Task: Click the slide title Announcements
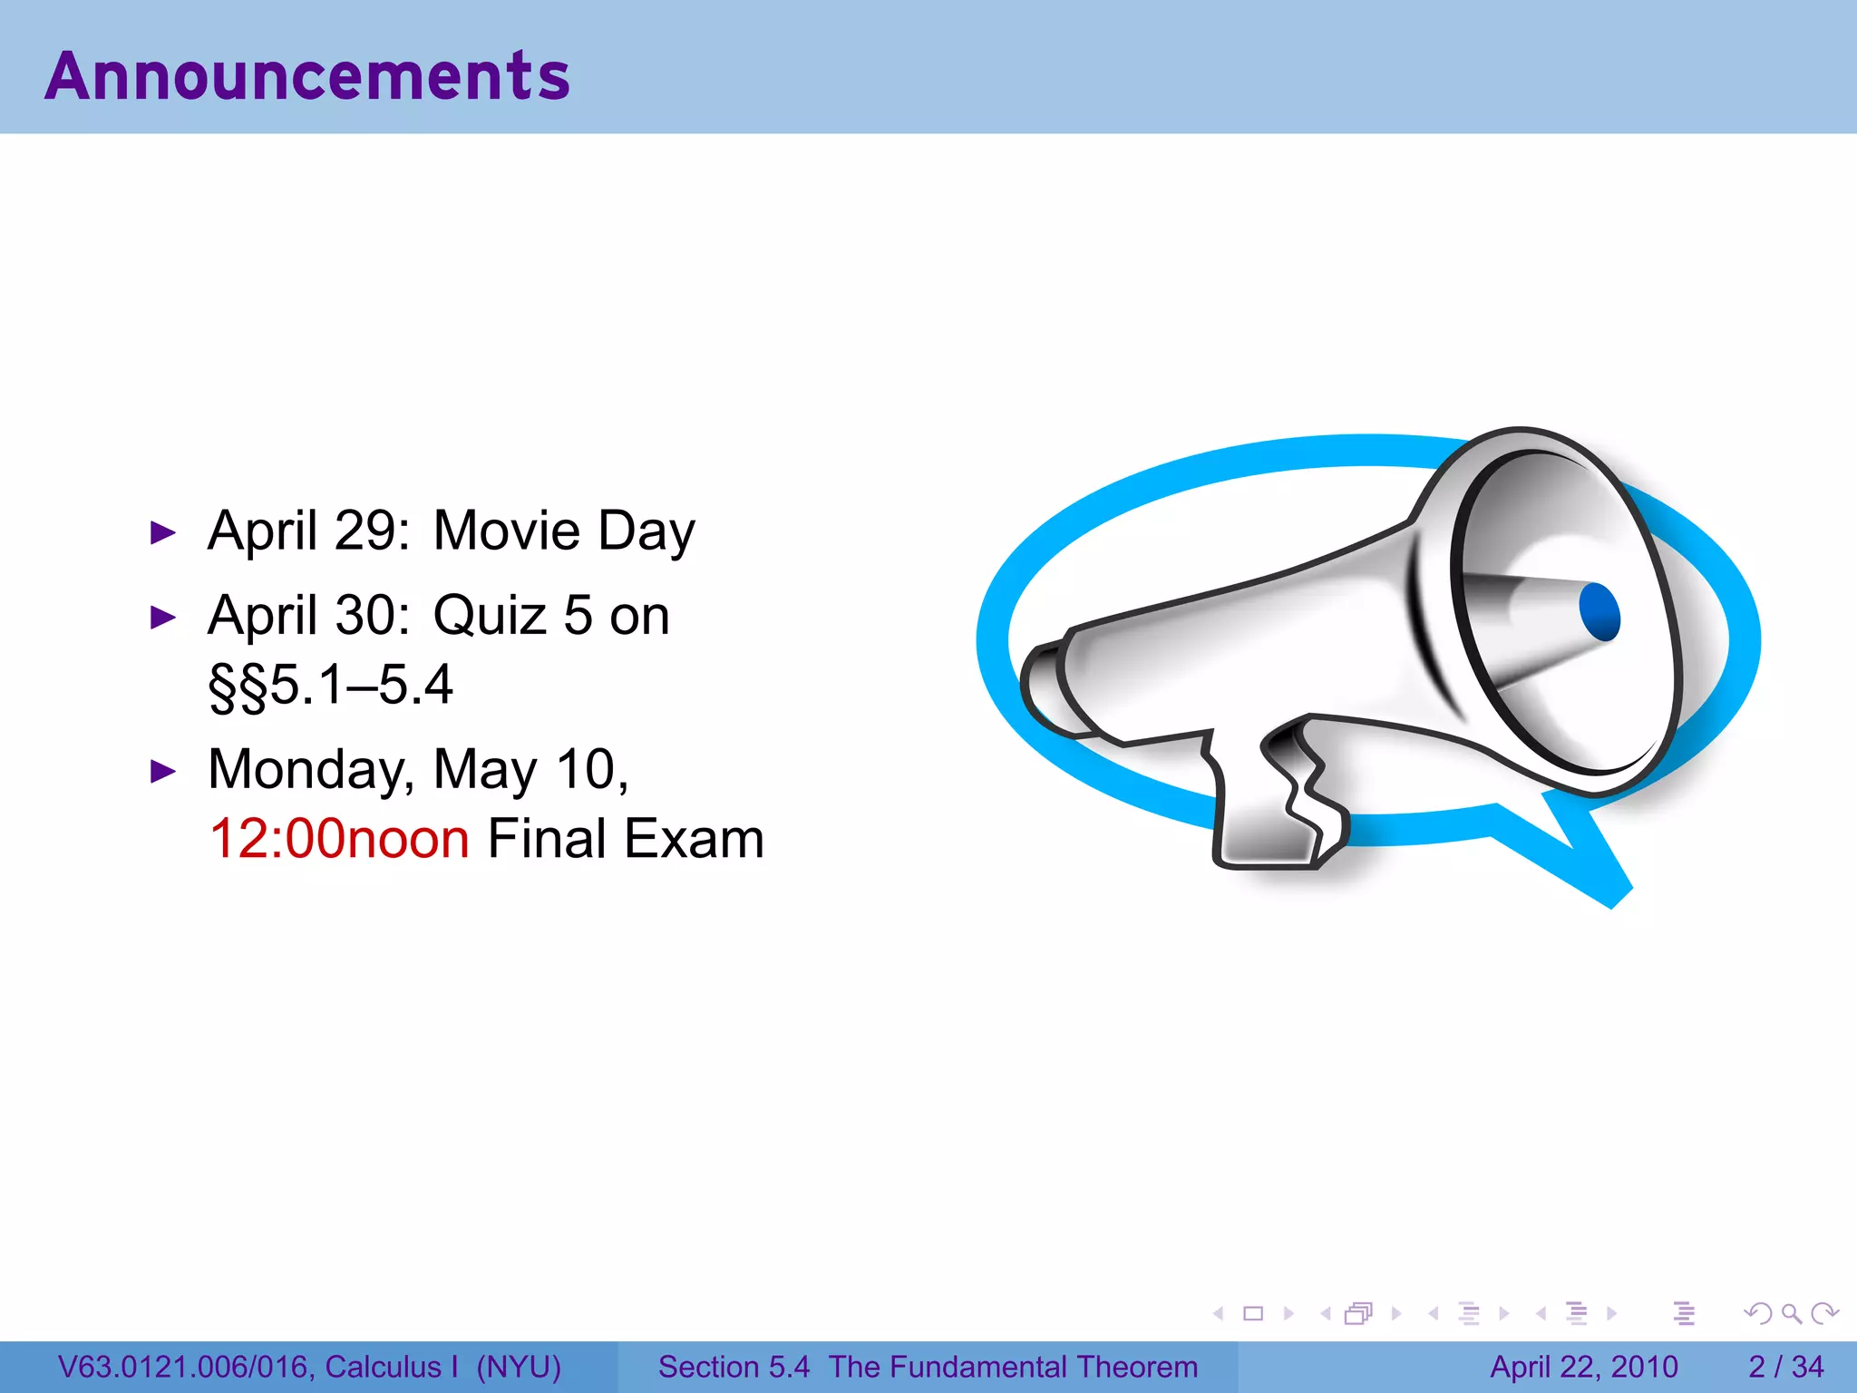(307, 76)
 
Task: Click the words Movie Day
(563, 531)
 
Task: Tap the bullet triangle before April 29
(163, 532)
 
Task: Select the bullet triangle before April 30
(163, 618)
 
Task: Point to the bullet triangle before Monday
(163, 772)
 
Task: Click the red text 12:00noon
(339, 839)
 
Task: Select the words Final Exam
(626, 839)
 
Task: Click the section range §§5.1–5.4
(330, 686)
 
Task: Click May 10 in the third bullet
(530, 770)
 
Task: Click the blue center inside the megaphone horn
(1599, 612)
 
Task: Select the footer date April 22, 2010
(1583, 1367)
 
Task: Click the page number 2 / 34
(1785, 1367)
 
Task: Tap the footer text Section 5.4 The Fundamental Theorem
(928, 1367)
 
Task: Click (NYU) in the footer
(519, 1367)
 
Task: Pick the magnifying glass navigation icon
(1791, 1313)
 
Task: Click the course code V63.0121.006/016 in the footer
(185, 1367)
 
